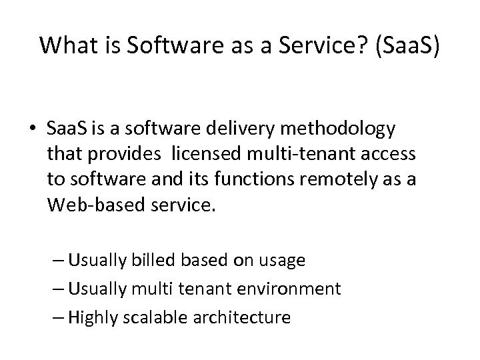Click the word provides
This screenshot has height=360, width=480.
click(x=131, y=154)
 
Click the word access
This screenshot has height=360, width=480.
click(x=391, y=154)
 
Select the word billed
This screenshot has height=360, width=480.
click(x=149, y=261)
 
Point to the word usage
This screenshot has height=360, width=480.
click(x=283, y=261)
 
